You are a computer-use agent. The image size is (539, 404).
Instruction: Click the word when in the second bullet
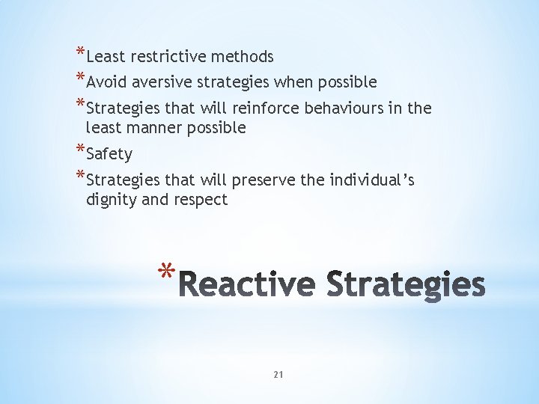296,82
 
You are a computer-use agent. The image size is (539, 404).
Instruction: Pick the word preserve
267,181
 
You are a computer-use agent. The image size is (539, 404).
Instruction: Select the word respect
200,201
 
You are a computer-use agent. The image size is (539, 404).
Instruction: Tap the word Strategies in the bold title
405,286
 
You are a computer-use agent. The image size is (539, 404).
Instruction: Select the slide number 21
278,374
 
